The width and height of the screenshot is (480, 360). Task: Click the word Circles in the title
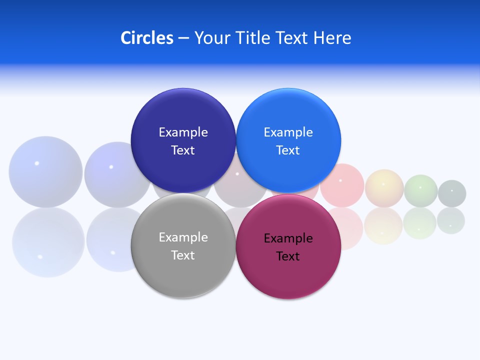click(x=146, y=37)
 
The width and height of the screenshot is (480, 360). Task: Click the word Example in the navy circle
click(x=183, y=132)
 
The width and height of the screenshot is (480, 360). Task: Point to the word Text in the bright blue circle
click(x=288, y=150)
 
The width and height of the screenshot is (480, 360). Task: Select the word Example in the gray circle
click(x=183, y=237)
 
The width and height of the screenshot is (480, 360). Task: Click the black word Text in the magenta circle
click(x=288, y=256)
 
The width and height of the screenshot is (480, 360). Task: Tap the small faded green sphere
click(x=420, y=191)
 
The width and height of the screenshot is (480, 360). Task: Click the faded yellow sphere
click(x=384, y=188)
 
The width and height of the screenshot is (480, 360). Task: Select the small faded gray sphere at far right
click(x=452, y=193)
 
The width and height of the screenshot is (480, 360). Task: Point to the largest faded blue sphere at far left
click(x=45, y=171)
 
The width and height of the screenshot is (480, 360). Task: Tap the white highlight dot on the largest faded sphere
click(x=36, y=163)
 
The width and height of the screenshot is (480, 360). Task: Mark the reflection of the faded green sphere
click(x=420, y=223)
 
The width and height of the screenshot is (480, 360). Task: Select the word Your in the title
click(x=209, y=37)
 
